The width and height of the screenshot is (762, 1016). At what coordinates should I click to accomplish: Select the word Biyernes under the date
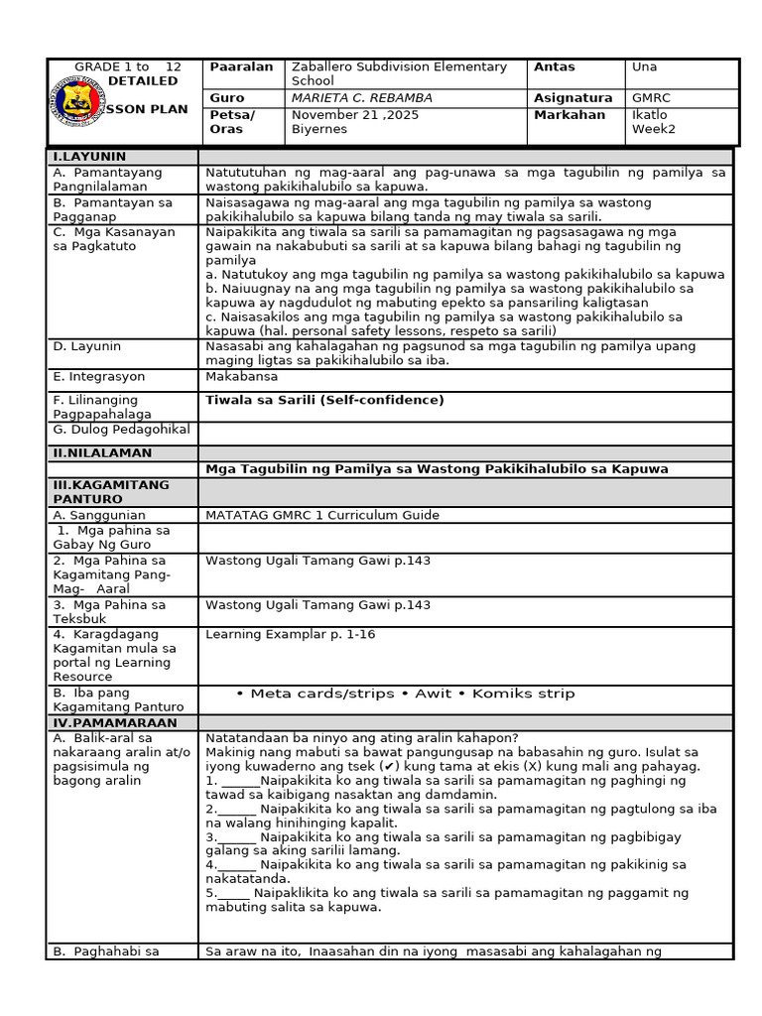(318, 129)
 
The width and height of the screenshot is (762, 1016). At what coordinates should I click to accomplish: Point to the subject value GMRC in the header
(651, 98)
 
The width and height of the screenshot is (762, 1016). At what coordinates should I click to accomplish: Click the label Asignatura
(572, 98)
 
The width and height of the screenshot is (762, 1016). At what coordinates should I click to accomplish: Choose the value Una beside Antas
(644, 67)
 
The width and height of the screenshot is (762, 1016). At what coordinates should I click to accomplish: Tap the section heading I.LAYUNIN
(89, 157)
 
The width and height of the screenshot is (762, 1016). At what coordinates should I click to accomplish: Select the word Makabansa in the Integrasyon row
(242, 377)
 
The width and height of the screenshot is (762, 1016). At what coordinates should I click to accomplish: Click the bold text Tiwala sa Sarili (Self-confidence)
(324, 401)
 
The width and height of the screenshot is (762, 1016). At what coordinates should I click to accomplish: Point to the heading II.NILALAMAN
(102, 453)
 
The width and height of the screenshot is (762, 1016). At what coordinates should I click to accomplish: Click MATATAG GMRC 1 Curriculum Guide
(321, 515)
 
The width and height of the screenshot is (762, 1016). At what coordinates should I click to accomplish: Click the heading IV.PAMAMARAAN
(114, 723)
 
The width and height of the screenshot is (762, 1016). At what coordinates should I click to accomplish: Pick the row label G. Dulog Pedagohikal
(121, 430)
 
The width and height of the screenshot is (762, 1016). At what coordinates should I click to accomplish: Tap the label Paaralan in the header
(241, 67)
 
